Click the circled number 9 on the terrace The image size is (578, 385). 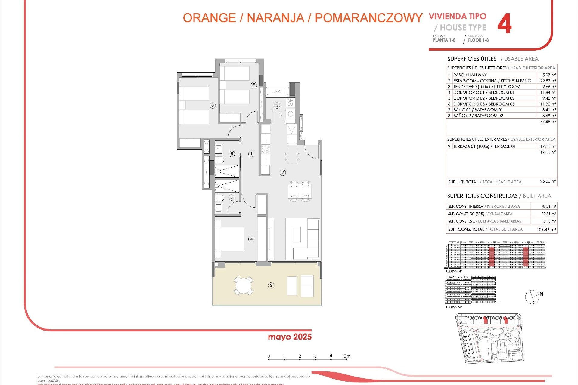click(x=271, y=285)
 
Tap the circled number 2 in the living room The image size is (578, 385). click(x=282, y=172)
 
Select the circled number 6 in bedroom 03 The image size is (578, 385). click(x=213, y=105)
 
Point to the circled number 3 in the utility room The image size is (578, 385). click(x=277, y=105)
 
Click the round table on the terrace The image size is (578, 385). click(x=243, y=285)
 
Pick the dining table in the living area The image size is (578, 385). click(x=300, y=191)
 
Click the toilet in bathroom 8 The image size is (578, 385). click(x=219, y=159)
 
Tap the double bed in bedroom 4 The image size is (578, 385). click(x=230, y=239)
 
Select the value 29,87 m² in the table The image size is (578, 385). click(x=548, y=81)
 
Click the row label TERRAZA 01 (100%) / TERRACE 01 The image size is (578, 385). click(x=484, y=146)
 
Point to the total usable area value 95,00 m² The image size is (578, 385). click(x=548, y=181)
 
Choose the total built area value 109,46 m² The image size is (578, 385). click(x=546, y=229)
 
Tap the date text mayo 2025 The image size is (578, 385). click(x=290, y=337)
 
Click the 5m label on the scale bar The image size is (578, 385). click(x=347, y=356)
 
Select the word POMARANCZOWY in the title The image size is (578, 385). click(x=368, y=18)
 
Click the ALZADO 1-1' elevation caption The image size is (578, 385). click(x=454, y=271)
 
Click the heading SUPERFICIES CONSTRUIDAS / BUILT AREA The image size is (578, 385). click(x=499, y=196)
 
